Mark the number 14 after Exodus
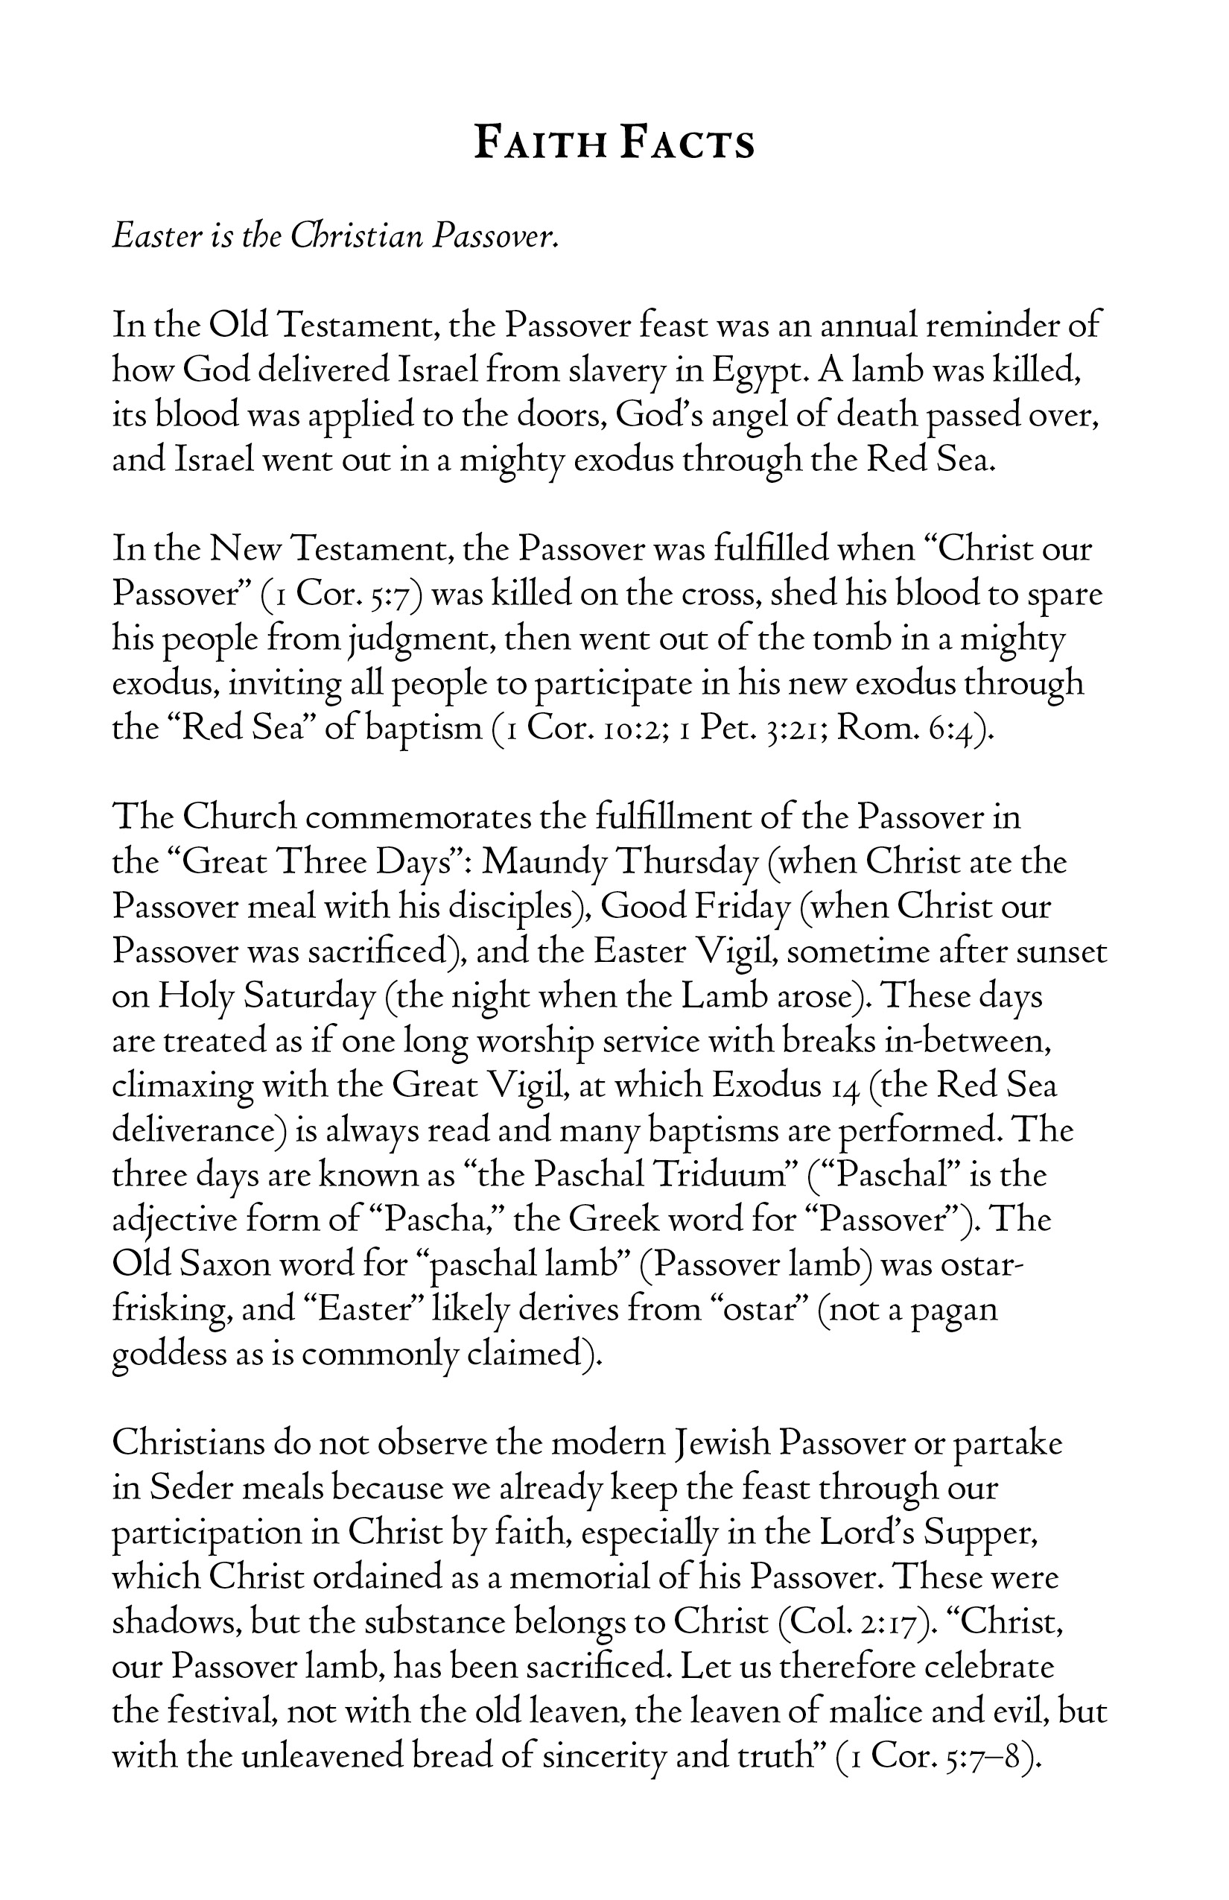coord(840,1086)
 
